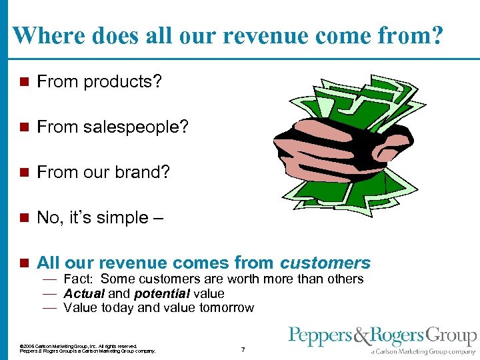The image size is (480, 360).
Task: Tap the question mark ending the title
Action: [x=435, y=35]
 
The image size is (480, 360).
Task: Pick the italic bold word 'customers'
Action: [x=325, y=262]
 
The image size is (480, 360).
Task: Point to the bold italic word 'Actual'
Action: [x=83, y=293]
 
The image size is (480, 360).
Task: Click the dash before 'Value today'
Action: [x=49, y=307]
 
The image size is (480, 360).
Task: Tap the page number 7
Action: [x=243, y=349]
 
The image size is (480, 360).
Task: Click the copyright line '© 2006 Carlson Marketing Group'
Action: [x=79, y=345]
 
